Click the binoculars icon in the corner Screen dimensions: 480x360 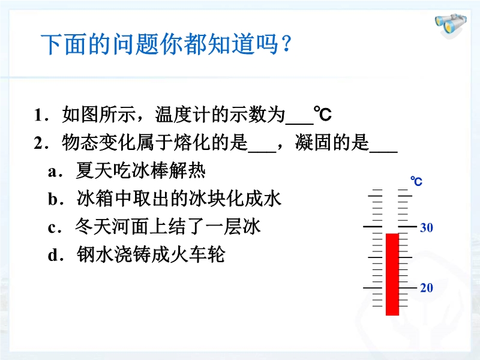point(451,25)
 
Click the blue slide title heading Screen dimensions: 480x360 point(166,44)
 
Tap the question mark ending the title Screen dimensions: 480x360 point(286,44)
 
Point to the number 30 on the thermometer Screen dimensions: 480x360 point(427,227)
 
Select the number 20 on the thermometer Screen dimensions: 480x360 point(427,288)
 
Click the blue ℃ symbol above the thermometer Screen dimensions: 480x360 point(416,181)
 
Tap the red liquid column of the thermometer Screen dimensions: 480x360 point(392,274)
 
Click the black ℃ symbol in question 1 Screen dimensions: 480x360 point(323,114)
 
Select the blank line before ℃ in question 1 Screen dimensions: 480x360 point(299,124)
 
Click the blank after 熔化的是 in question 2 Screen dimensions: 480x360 point(262,151)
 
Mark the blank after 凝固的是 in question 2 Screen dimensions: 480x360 point(383,151)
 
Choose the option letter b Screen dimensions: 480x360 point(53,199)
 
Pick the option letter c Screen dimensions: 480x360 point(52,229)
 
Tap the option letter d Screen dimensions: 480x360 point(53,254)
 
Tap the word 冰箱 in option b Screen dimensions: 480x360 point(95,199)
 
